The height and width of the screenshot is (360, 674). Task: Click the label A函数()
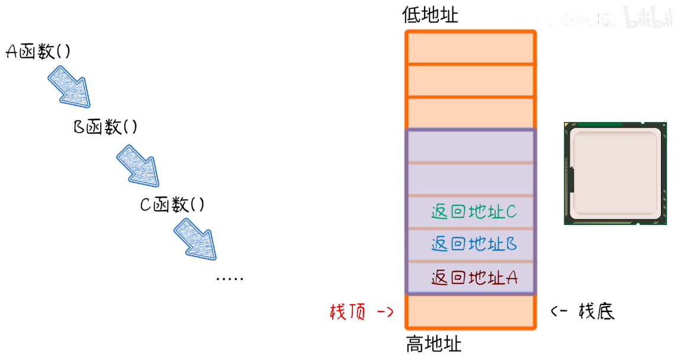point(38,52)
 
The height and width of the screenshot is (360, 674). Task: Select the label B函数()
point(105,127)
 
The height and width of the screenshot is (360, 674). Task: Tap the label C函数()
point(172,205)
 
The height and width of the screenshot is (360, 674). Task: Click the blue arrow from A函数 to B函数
point(69,86)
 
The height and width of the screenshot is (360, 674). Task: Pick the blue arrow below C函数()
point(195,239)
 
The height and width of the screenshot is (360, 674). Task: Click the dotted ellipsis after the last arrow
point(229,278)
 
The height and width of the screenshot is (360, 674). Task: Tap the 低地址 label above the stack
point(430,15)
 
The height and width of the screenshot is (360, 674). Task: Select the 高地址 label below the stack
point(434,344)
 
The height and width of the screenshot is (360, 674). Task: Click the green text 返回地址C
point(474,212)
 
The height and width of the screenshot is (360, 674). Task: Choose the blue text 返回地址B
point(474,244)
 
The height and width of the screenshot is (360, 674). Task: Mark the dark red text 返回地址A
point(474,277)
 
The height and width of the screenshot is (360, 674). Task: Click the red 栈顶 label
point(347,311)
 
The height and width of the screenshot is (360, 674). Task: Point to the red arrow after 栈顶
point(385,311)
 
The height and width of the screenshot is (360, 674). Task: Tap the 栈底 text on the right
point(596,311)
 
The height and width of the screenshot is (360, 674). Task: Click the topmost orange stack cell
point(470,47)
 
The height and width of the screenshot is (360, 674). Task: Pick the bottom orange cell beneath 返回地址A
point(470,311)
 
